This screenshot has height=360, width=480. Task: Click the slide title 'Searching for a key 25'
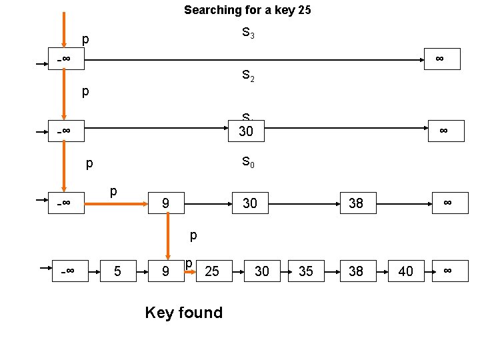(247, 10)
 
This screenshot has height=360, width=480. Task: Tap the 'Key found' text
(183, 313)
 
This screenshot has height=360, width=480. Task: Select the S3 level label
(247, 33)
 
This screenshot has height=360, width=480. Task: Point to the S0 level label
(247, 162)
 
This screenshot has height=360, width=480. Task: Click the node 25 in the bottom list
(212, 271)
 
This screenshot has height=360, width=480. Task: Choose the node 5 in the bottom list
(117, 271)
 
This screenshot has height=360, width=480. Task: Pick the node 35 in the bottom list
(306, 271)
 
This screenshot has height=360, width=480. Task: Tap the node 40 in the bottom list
(405, 271)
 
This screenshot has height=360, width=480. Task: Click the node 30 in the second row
(246, 131)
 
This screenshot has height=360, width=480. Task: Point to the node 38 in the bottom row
(356, 271)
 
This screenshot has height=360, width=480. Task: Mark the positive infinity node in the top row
(440, 59)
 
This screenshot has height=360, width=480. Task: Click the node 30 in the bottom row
(262, 271)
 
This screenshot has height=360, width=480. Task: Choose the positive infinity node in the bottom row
(448, 271)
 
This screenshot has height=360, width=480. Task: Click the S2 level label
(247, 76)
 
